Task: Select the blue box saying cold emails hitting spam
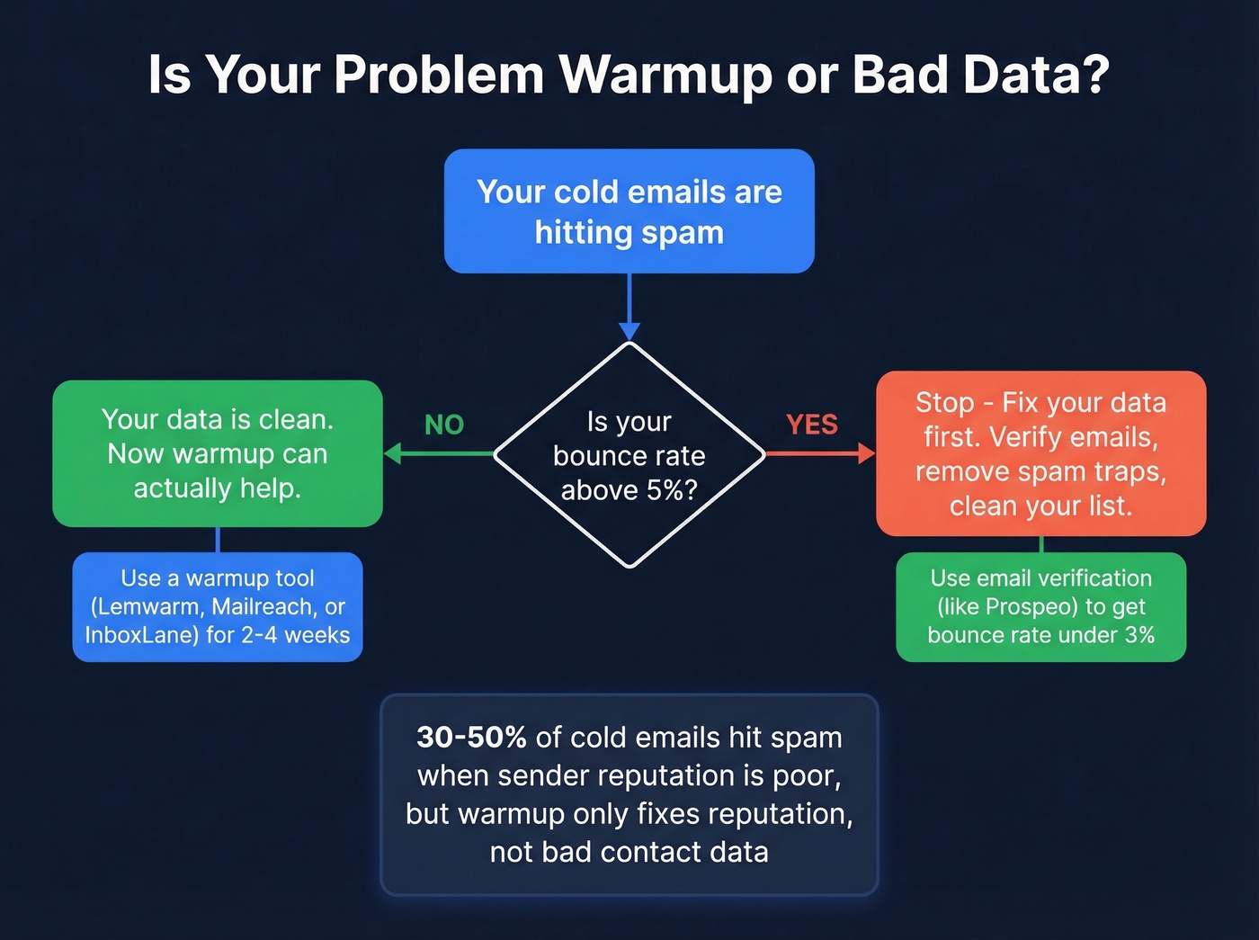(x=629, y=211)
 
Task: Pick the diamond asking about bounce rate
(x=629, y=454)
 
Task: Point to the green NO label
(x=444, y=425)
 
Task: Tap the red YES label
(x=811, y=425)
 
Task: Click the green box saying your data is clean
(x=218, y=453)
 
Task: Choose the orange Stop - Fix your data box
(x=1040, y=453)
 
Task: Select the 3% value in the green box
(x=1139, y=635)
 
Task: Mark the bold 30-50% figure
(x=471, y=738)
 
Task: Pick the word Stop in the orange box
(x=944, y=403)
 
